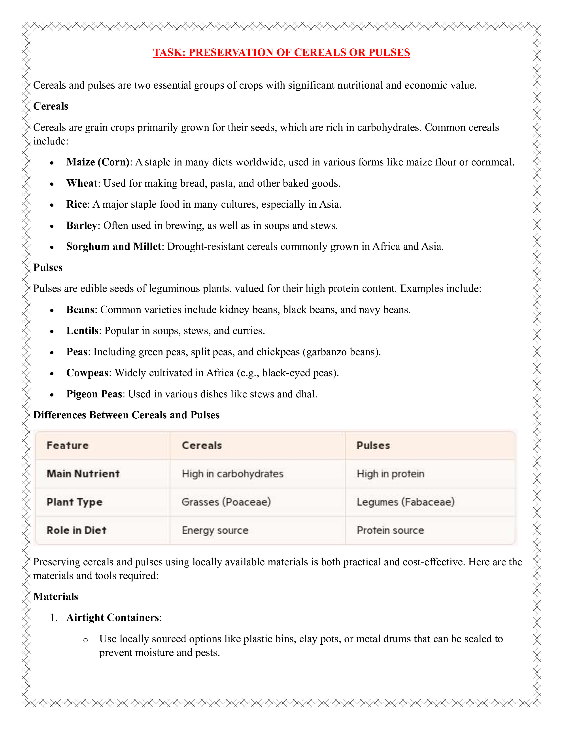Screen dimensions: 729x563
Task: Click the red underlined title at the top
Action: click(x=281, y=52)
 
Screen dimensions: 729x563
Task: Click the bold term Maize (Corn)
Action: click(x=98, y=162)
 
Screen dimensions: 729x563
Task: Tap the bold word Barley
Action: click(x=82, y=226)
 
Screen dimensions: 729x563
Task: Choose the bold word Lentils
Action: click(x=82, y=331)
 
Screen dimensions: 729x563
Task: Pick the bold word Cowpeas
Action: click(x=87, y=373)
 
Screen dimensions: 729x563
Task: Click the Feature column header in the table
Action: click(x=68, y=446)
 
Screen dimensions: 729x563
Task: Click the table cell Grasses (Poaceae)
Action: click(x=226, y=502)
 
